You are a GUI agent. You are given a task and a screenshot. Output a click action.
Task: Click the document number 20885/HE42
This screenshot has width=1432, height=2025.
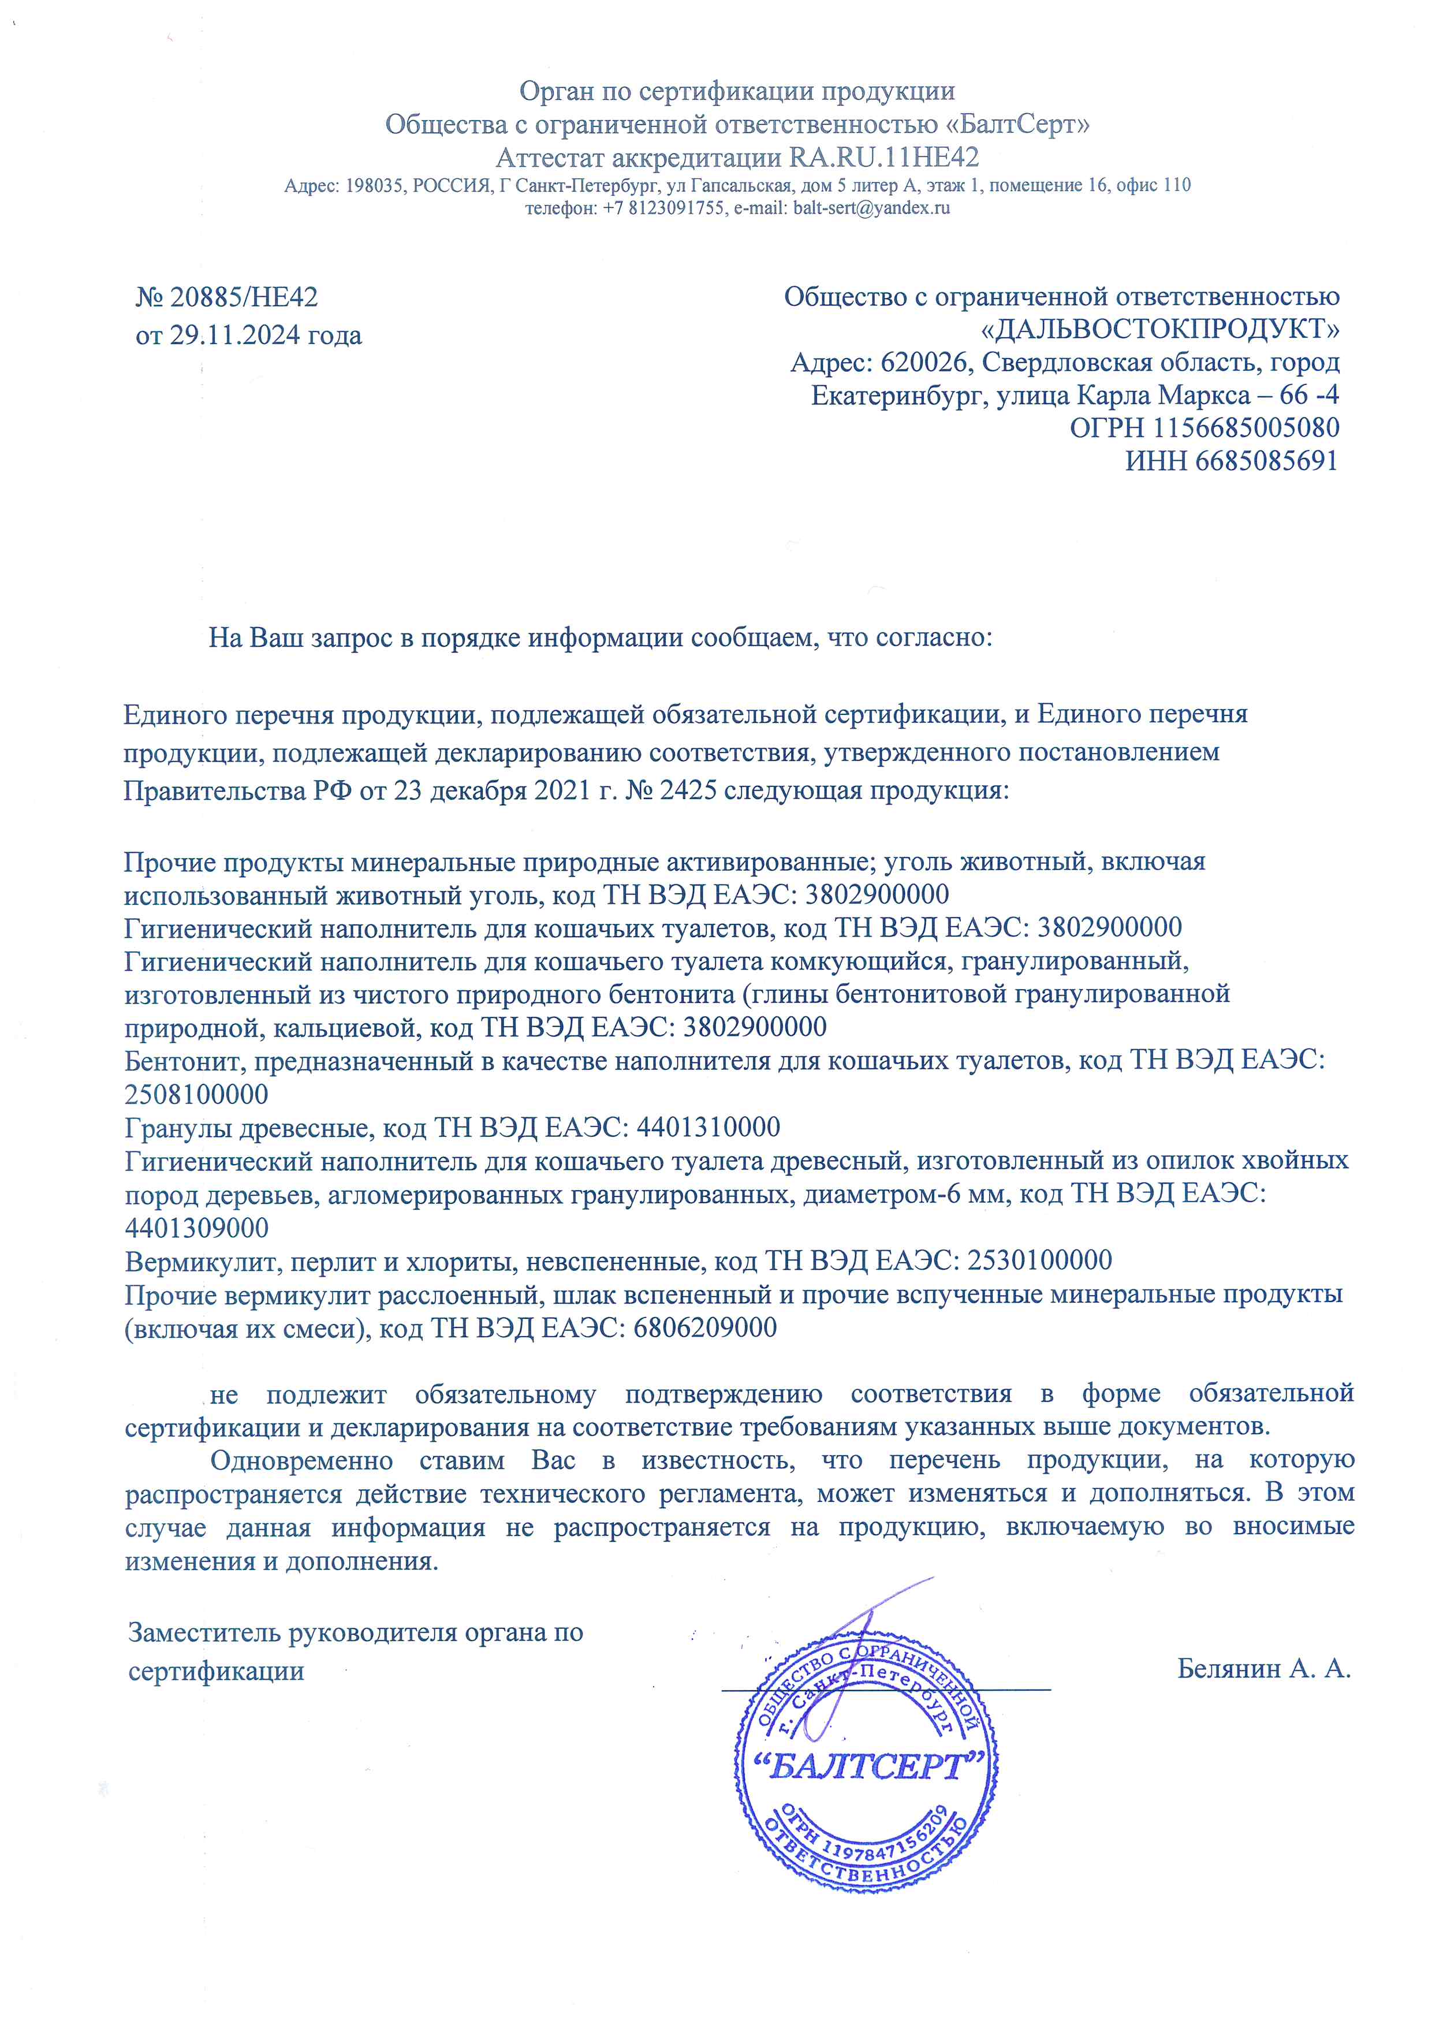243,297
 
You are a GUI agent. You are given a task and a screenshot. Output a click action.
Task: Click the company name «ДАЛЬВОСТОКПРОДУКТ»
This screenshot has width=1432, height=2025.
1161,329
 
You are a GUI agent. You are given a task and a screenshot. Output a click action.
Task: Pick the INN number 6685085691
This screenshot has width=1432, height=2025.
1266,460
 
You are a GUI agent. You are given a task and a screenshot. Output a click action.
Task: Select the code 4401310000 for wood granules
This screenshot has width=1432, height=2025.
708,1127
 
